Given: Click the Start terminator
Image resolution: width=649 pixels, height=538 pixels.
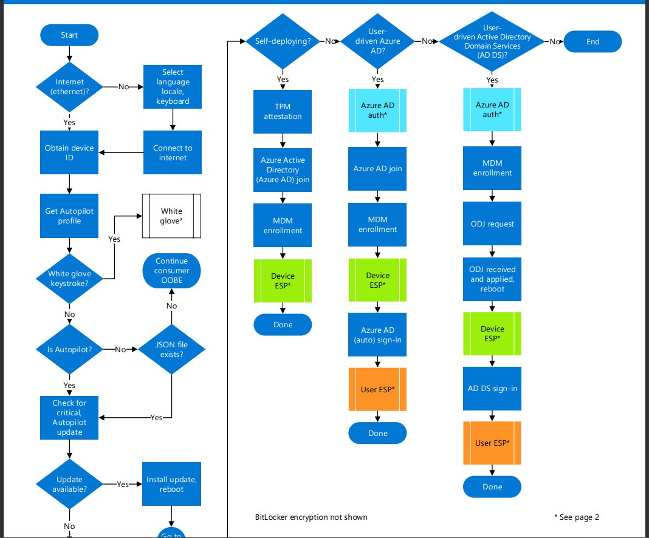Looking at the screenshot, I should click(69, 35).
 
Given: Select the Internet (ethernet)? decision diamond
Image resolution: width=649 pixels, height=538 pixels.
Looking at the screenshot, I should click(69, 87).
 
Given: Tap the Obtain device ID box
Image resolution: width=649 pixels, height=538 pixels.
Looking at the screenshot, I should click(69, 152).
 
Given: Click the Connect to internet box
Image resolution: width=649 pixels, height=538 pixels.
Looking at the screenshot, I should click(173, 152).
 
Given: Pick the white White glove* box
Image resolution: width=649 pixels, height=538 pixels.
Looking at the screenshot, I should click(171, 216).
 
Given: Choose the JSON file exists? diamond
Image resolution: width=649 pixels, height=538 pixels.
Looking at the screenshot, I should click(171, 349).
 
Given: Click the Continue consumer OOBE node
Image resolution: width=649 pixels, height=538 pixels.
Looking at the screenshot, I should click(171, 271).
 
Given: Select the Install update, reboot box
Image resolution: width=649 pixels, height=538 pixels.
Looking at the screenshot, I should click(171, 484).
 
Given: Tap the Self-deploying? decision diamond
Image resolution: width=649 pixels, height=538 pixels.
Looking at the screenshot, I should click(283, 41).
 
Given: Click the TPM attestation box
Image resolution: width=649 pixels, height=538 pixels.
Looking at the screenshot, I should click(283, 112).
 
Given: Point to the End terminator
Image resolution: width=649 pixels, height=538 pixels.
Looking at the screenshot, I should click(592, 41).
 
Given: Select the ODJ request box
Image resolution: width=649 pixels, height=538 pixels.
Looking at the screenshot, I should click(492, 224).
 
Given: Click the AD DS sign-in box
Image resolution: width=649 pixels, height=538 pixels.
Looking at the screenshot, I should click(492, 389).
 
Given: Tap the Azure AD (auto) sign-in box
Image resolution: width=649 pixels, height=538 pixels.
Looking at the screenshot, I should click(377, 335).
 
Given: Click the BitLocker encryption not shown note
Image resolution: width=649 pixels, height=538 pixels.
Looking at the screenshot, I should click(311, 517).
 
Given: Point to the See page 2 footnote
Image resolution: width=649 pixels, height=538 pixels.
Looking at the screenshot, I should click(576, 517).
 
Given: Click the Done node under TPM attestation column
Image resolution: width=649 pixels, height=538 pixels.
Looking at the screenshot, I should click(283, 325).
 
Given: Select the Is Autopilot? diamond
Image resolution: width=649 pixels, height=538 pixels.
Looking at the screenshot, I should click(69, 349).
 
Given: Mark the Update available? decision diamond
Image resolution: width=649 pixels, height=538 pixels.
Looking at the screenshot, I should click(69, 484).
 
